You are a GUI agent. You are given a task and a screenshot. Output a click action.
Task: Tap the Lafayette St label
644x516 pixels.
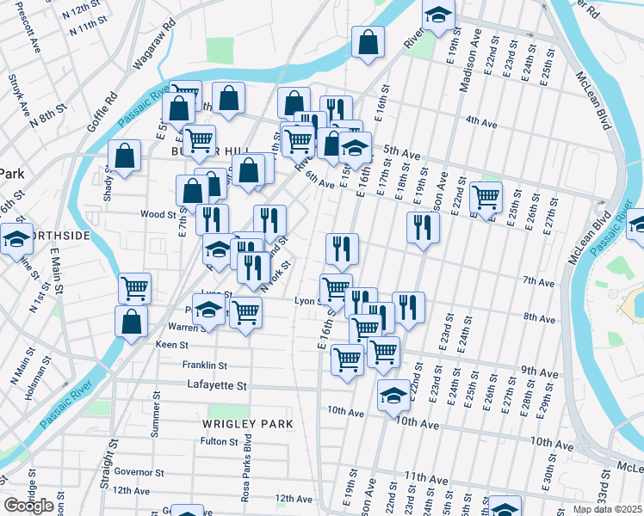pos(217,387)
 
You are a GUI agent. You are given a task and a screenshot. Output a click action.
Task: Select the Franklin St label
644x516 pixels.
pos(204,365)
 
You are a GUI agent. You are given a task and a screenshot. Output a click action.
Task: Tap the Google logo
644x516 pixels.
pos(28,506)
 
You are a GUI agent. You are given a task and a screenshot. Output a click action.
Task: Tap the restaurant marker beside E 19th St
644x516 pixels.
pos(423,227)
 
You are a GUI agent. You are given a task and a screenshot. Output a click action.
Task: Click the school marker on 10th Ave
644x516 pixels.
pos(394,396)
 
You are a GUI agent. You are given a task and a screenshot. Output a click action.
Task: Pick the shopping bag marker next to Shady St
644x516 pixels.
pos(125,156)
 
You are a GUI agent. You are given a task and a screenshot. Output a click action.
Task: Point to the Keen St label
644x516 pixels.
pos(172,345)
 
